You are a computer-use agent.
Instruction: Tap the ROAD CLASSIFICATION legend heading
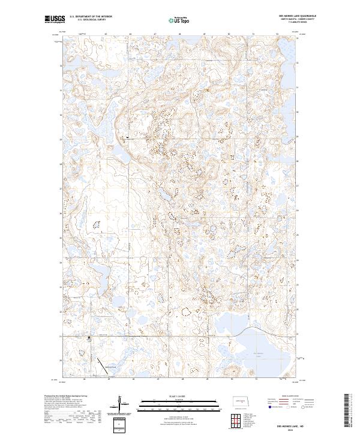click(x=291, y=397)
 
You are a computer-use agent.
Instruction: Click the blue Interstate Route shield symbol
click(x=270, y=407)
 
